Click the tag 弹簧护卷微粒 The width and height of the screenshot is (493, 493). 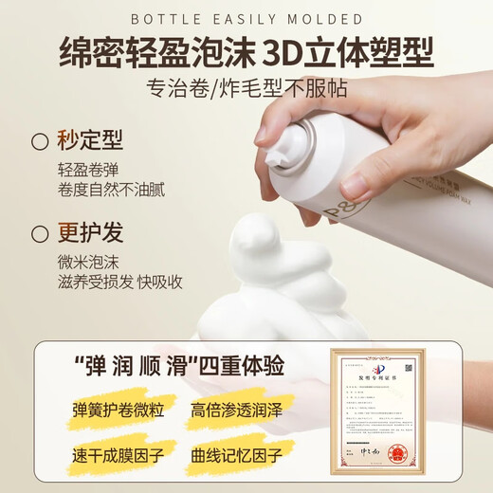click(111, 412)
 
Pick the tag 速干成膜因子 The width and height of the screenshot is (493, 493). click(111, 456)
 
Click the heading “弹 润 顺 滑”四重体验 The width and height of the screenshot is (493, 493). click(176, 368)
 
